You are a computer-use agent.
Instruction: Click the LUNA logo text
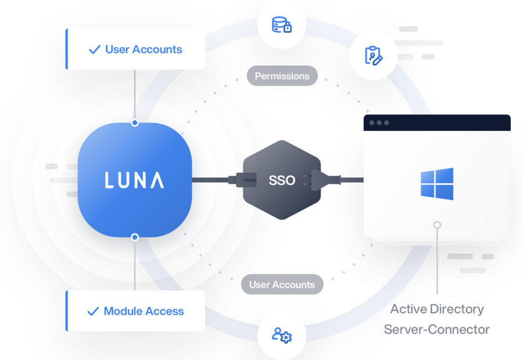pos(134,180)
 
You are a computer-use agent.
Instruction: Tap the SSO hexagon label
pos(282,180)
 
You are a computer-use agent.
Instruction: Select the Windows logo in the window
pos(437,184)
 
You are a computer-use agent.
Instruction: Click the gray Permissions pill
pos(282,76)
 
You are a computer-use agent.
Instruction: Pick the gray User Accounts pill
pos(282,284)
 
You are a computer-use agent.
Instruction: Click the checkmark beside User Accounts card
pos(94,50)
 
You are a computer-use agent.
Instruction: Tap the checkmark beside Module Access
pos(93,312)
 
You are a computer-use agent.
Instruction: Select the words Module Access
pos(144,311)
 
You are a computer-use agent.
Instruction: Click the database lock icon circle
pos(282,25)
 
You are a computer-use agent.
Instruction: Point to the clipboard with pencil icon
pos(374,56)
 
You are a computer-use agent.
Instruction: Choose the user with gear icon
pos(282,335)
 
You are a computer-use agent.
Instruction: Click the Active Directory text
pos(437,309)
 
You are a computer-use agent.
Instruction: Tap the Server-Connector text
pos(437,329)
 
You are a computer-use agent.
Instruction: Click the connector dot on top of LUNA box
pos(135,123)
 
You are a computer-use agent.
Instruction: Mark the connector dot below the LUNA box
pos(135,237)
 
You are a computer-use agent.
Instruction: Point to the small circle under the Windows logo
pos(437,224)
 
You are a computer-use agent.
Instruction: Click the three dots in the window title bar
pos(379,123)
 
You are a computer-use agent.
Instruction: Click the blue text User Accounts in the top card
pos(144,49)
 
